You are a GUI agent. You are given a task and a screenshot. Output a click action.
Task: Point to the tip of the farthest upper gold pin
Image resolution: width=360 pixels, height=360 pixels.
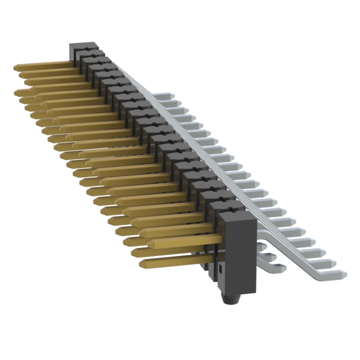click(x=17, y=67)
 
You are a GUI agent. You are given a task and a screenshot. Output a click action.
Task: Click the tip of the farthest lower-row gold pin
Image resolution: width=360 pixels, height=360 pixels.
click(x=18, y=91)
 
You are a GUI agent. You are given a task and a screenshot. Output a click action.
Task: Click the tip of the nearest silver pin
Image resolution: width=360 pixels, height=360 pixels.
click(x=342, y=274)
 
